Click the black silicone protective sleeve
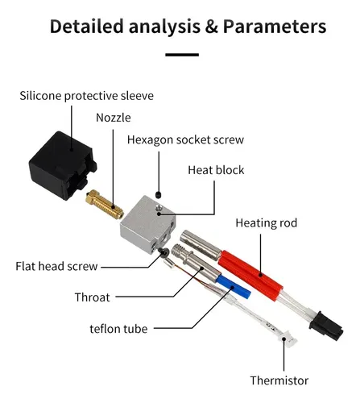click(x=63, y=165)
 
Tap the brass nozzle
click(x=105, y=205)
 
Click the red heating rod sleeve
click(x=250, y=276)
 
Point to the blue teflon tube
click(x=234, y=286)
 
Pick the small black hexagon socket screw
click(x=159, y=194)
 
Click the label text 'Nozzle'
click(x=114, y=118)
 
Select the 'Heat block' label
click(x=216, y=170)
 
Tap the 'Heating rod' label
click(x=267, y=223)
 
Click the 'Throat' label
click(x=93, y=297)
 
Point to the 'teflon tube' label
click(x=118, y=329)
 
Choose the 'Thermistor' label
click(x=279, y=380)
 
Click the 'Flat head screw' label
click(x=56, y=266)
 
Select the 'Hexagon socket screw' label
click(x=185, y=140)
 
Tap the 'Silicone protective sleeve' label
click(x=86, y=96)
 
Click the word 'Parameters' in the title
click(x=275, y=27)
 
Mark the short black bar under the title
click(x=182, y=55)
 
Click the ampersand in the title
click(x=212, y=27)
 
